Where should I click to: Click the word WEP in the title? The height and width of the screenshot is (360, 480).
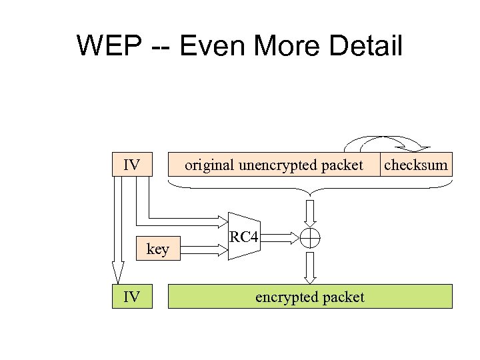click(x=108, y=47)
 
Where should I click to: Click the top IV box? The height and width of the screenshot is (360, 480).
click(x=131, y=165)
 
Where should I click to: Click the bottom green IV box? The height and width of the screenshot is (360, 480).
click(x=131, y=297)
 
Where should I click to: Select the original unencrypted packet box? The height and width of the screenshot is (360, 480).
click(x=273, y=165)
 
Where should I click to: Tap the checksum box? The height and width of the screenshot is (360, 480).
click(x=415, y=165)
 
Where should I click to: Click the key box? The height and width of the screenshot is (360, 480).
click(x=157, y=249)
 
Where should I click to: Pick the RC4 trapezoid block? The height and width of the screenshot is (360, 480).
click(x=244, y=237)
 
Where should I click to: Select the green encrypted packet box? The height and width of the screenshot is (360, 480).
click(x=309, y=297)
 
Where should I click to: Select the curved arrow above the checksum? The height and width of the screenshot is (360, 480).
click(x=387, y=142)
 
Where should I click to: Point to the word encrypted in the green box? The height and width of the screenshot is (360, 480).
click(x=287, y=297)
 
